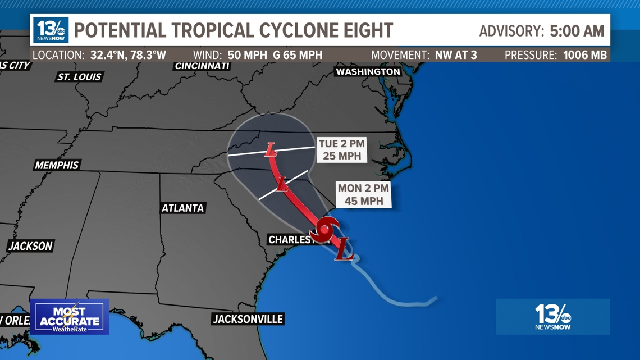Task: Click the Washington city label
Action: click(x=368, y=72)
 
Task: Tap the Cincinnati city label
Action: click(x=202, y=66)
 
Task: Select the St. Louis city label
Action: click(x=79, y=76)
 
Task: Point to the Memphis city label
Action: click(x=57, y=165)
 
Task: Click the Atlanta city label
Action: click(x=183, y=208)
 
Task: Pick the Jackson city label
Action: click(x=30, y=246)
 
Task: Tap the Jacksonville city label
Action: click(x=248, y=319)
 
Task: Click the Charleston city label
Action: click(x=292, y=240)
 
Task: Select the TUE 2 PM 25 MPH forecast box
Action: click(x=342, y=150)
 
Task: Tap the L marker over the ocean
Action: click(x=344, y=249)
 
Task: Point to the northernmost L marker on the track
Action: click(x=271, y=150)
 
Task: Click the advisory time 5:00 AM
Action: click(x=577, y=30)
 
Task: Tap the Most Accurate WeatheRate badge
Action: click(x=69, y=317)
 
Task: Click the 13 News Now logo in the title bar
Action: click(x=51, y=30)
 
